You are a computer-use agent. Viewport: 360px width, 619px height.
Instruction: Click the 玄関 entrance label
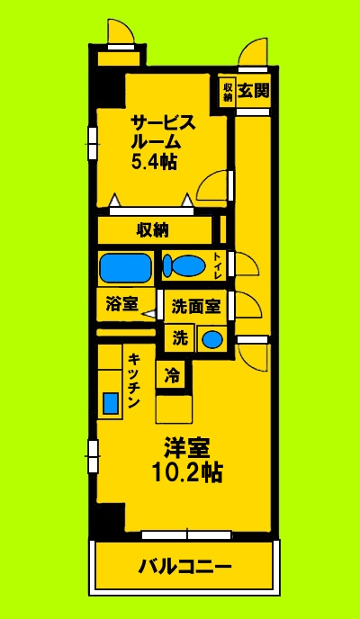click(x=252, y=90)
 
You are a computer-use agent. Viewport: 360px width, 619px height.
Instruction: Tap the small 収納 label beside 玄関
click(x=227, y=91)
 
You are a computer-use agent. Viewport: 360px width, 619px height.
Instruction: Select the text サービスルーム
click(x=161, y=131)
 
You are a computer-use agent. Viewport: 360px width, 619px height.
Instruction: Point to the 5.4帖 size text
click(x=155, y=162)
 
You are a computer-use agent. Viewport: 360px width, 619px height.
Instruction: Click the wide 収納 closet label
click(x=152, y=229)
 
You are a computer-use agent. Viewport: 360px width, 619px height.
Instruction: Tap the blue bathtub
click(x=124, y=267)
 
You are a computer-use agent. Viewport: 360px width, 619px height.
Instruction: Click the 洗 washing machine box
click(x=178, y=338)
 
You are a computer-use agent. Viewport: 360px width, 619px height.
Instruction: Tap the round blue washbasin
click(x=211, y=339)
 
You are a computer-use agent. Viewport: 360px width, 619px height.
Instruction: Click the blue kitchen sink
click(x=111, y=402)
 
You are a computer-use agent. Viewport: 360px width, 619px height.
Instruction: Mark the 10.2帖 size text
click(x=187, y=471)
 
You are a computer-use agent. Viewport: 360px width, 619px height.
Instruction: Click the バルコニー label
click(x=184, y=567)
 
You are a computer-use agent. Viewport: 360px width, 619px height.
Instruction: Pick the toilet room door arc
click(x=246, y=265)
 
